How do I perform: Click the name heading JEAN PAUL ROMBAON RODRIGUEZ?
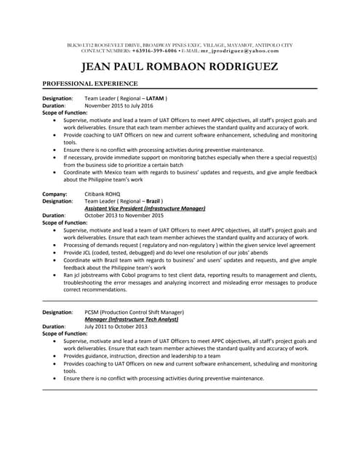click(x=180, y=68)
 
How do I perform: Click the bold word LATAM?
click(x=155, y=98)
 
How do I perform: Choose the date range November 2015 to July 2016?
click(x=124, y=105)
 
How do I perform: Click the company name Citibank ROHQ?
click(x=105, y=194)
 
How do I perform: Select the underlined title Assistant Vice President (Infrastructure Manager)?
click(x=145, y=209)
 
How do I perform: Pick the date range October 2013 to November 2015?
click(x=124, y=216)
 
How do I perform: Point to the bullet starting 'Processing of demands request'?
click(x=189, y=245)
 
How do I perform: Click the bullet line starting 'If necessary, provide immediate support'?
click(x=189, y=157)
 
